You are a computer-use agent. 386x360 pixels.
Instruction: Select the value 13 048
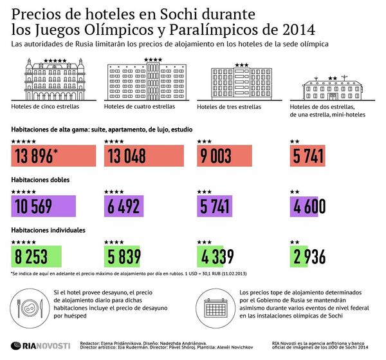point(127,156)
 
